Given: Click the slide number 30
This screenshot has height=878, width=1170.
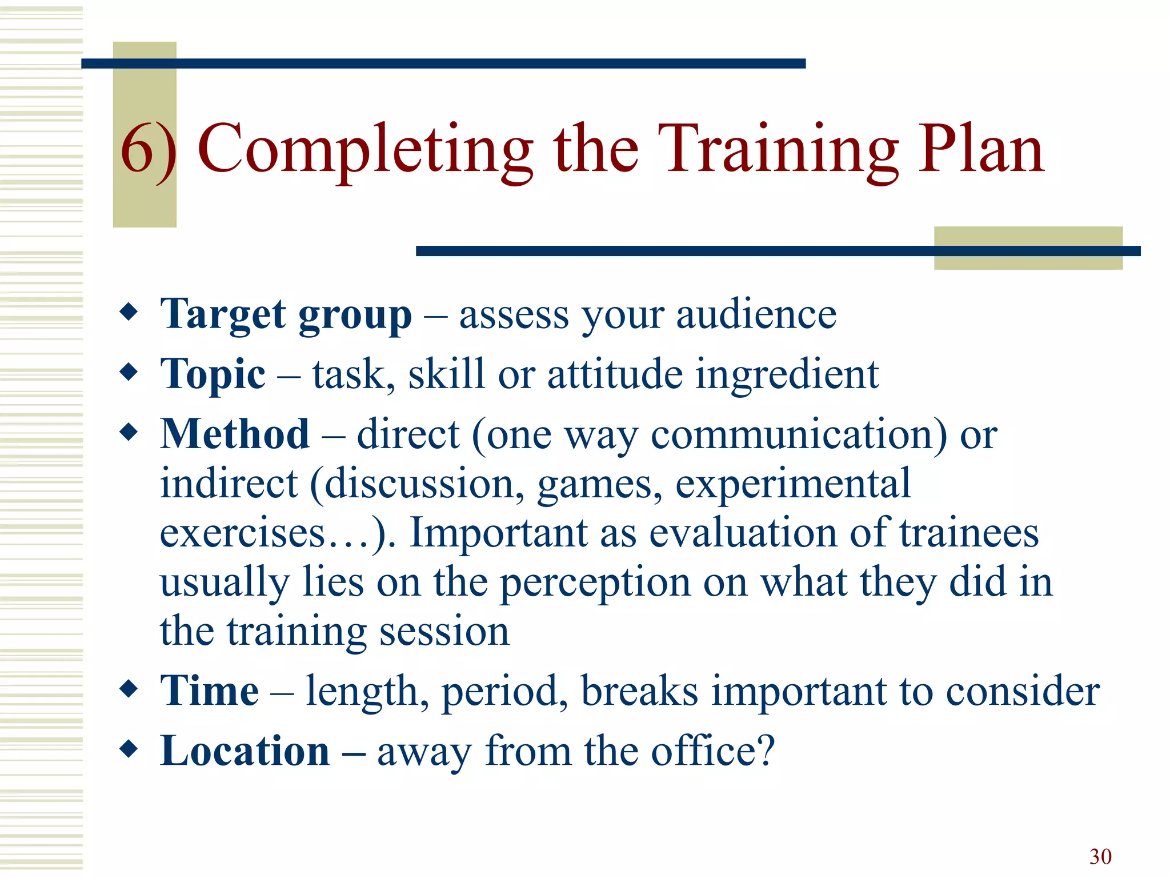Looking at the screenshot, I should point(1100,856).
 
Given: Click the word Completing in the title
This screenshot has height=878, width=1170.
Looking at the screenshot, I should point(365,150).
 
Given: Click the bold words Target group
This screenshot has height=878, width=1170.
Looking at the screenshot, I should point(286,315).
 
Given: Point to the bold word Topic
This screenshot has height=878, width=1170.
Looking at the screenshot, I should point(213,374).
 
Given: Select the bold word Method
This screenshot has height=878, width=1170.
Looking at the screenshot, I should point(235,434).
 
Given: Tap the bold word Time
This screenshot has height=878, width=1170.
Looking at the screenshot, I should point(209,691).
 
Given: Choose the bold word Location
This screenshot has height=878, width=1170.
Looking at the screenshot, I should point(245,751).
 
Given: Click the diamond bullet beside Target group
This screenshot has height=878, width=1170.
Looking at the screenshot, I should point(129,312).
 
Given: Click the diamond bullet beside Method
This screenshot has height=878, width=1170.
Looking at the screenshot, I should point(129,432).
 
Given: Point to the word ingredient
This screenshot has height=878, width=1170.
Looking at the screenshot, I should point(787,375).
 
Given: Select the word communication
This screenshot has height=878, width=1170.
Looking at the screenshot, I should point(798,435).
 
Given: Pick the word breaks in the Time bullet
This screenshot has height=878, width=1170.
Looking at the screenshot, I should point(639,691).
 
